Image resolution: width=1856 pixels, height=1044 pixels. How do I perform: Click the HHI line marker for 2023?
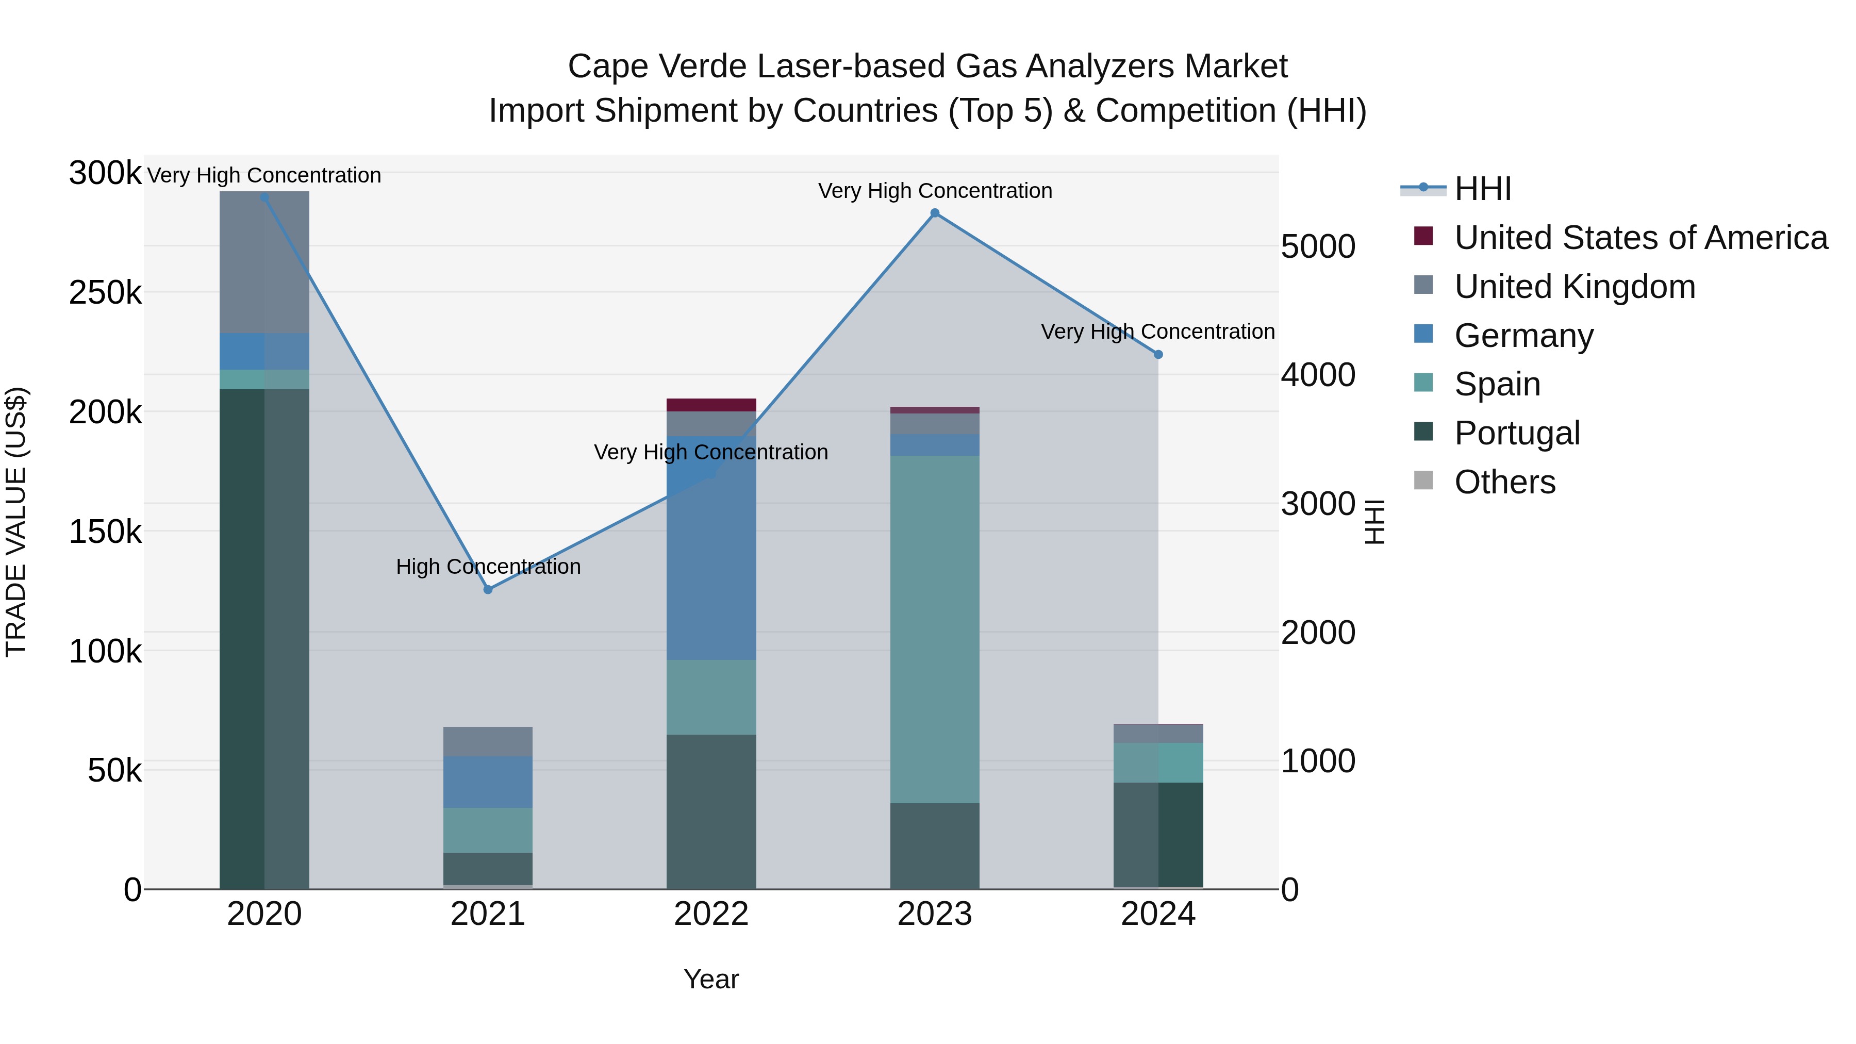pos(935,213)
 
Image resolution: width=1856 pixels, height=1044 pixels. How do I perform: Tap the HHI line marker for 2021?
pos(488,589)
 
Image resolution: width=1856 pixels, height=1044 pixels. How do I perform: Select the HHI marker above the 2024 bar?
pos(1158,355)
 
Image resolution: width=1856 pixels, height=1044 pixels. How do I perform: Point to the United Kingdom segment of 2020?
pos(264,262)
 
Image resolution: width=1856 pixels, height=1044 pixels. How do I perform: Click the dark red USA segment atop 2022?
pos(711,405)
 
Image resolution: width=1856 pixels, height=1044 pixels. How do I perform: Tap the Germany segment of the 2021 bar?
pos(488,782)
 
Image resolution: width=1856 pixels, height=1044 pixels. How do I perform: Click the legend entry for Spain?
pos(1497,384)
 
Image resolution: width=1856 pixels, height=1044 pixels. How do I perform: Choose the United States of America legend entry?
pos(1640,238)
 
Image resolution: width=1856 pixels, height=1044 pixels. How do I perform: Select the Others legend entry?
pos(1504,482)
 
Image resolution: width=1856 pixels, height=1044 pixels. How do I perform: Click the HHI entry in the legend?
pos(1482,189)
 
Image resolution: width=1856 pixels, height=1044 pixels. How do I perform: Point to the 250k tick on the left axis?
pos(105,293)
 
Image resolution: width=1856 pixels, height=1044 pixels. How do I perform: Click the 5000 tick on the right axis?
pos(1318,246)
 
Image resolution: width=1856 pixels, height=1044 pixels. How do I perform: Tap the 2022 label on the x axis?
pos(711,914)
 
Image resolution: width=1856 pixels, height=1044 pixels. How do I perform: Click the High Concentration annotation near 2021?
pos(488,566)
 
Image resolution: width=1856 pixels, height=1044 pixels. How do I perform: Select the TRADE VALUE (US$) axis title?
pos(16,522)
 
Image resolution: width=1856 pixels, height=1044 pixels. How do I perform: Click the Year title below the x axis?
pos(711,979)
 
